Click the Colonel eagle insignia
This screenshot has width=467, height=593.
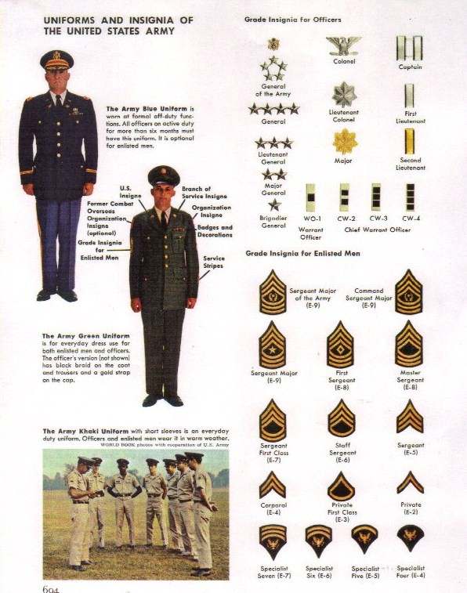click(343, 45)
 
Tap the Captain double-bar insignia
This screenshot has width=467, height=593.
click(408, 47)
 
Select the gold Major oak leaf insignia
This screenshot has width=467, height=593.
click(343, 141)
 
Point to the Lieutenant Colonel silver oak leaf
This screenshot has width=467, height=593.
click(343, 95)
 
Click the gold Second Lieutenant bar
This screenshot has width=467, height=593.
click(408, 142)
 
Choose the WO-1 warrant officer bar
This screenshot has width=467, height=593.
click(312, 197)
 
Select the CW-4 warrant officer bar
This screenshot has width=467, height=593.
click(408, 197)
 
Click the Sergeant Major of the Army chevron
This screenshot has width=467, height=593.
click(273, 291)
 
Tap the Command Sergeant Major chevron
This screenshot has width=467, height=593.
click(408, 291)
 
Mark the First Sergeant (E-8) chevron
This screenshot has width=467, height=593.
click(341, 344)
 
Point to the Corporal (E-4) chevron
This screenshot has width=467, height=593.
click(273, 485)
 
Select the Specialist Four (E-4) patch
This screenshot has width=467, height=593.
click(409, 537)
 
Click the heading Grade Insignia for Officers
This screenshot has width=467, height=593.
click(292, 19)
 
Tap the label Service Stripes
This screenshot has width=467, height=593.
click(214, 262)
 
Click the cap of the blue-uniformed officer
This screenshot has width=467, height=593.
click(56, 60)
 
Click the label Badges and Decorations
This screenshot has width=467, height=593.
click(215, 231)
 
